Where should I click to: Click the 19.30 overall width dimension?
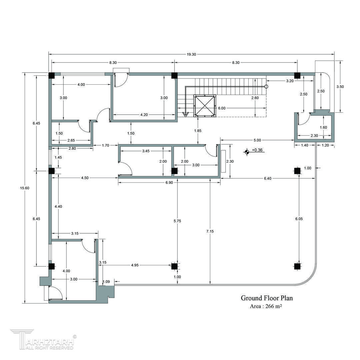click(191, 54)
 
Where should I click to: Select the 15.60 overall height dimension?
click(25, 188)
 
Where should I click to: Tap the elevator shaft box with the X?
click(205, 106)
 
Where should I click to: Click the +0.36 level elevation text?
click(257, 150)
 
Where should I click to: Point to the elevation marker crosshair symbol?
click(247, 152)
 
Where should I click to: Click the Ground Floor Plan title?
click(267, 298)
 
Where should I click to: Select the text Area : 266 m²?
click(266, 306)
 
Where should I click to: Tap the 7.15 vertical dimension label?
click(210, 231)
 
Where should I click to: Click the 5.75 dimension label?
click(177, 221)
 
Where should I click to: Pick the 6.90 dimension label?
click(169, 183)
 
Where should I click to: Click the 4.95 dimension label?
click(135, 265)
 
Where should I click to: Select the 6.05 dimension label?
click(299, 219)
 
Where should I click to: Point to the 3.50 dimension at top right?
click(340, 87)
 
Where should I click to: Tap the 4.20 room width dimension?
click(144, 115)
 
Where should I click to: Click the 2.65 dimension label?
click(71, 140)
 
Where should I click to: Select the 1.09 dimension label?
click(106, 282)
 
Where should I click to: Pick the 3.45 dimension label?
click(146, 151)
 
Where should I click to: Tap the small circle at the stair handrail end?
click(266, 87)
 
